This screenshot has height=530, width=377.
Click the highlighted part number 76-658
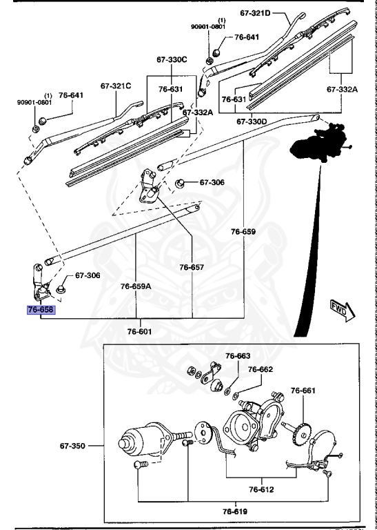coord(40,311)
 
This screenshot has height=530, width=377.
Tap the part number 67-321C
coord(115,86)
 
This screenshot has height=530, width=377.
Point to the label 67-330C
coord(172,60)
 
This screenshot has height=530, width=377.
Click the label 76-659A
coord(135,285)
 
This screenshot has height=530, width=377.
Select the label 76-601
coord(140,331)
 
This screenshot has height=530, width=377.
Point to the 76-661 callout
coord(303,391)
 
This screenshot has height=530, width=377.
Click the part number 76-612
coord(261,489)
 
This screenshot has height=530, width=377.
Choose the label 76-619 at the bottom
coord(236,511)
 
